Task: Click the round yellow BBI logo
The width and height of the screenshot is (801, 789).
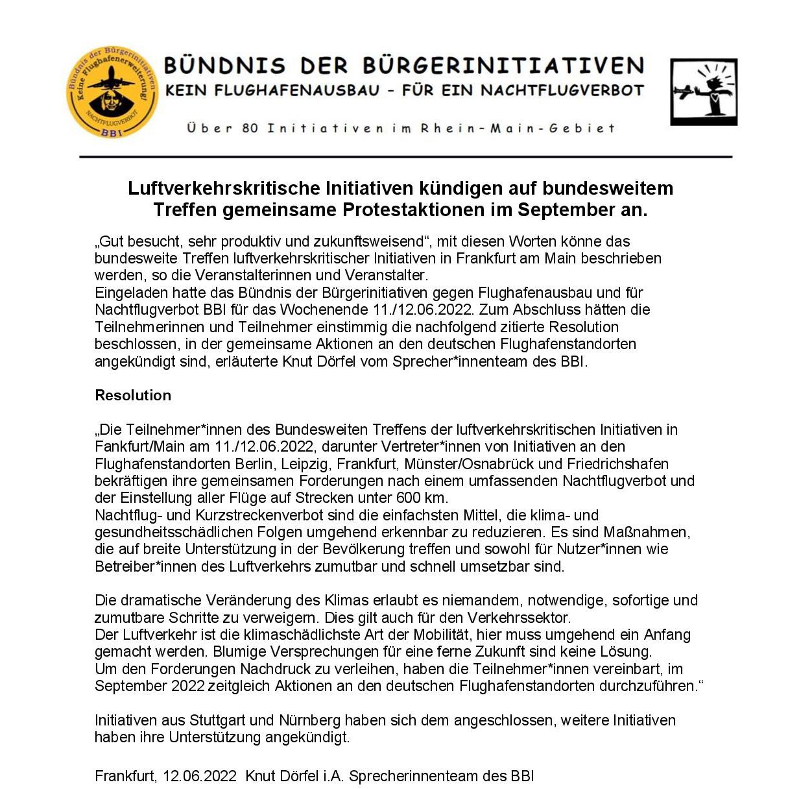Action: tap(112, 92)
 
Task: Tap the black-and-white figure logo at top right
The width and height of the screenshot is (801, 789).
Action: tap(703, 92)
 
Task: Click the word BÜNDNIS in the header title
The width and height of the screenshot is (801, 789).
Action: tap(224, 66)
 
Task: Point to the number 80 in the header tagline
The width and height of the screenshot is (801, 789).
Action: tap(250, 128)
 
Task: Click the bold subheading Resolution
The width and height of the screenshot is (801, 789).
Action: tap(133, 395)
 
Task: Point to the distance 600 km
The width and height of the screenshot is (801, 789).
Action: tap(420, 498)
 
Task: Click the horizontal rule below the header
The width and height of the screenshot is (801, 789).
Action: tap(405, 157)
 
